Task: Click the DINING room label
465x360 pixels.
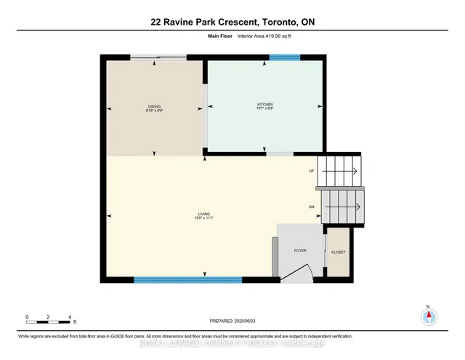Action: (x=154, y=106)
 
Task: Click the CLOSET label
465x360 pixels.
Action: (x=339, y=252)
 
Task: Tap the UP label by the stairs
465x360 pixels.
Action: (x=311, y=172)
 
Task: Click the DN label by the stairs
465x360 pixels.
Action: (x=312, y=207)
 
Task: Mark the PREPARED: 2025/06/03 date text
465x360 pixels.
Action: (x=232, y=320)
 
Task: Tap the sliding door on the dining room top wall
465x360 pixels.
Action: (x=158, y=57)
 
